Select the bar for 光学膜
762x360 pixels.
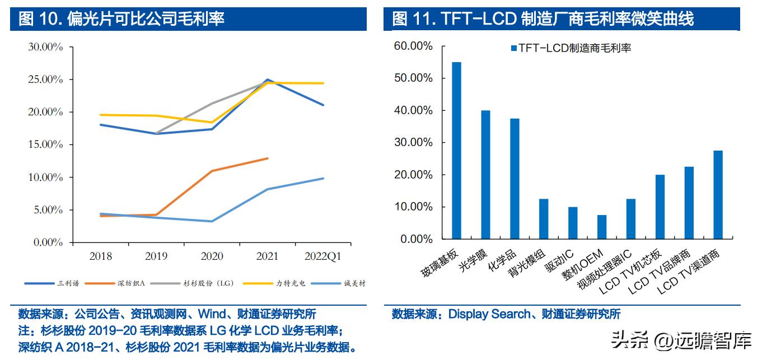[x=485, y=175]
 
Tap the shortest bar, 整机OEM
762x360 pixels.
[x=602, y=227]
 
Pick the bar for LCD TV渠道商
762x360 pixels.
[x=718, y=195]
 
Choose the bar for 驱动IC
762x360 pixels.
[x=573, y=223]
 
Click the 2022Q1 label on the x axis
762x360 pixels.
[x=322, y=257]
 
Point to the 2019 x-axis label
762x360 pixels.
[x=156, y=257]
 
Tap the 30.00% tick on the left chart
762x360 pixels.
[x=45, y=47]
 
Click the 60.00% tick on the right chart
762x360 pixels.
[x=413, y=46]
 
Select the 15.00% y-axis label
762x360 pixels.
[x=45, y=145]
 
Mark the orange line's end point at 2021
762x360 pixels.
[x=267, y=158]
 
